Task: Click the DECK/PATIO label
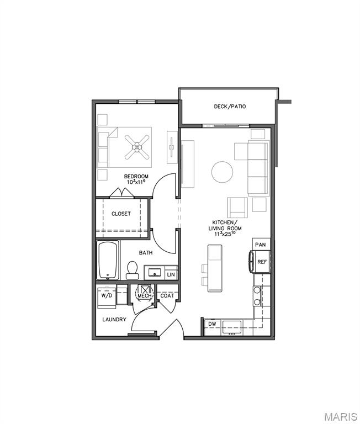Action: [x=230, y=107]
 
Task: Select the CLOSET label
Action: [x=121, y=214]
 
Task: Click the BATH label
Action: [x=146, y=253]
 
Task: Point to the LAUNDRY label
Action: [x=114, y=320]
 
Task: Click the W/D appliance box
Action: [x=106, y=296]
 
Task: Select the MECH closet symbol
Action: [x=145, y=293]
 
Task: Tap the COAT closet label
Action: [x=167, y=296]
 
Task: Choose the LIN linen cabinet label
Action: [x=171, y=274]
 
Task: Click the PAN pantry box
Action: [x=261, y=244]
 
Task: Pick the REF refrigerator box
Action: [x=262, y=262]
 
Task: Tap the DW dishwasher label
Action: [x=211, y=324]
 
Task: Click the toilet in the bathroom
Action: [x=132, y=269]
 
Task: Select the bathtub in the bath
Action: [x=108, y=260]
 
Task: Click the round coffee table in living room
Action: [x=223, y=172]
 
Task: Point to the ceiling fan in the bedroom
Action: [x=136, y=147]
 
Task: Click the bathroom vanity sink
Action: [x=154, y=273]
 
